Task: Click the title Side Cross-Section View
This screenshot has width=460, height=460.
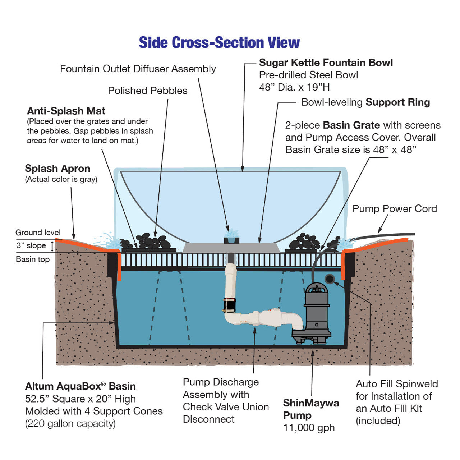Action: (219, 43)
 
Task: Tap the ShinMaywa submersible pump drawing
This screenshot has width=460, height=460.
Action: (316, 313)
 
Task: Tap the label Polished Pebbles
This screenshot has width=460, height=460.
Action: (148, 91)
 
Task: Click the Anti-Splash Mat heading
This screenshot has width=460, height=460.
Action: (66, 111)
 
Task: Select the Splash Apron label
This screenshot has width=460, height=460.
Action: (57, 169)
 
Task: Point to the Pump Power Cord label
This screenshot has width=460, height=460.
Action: (395, 209)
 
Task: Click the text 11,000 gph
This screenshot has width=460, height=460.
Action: (309, 428)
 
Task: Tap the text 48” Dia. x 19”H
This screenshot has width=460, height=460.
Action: (294, 87)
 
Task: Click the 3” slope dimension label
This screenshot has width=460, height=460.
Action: (31, 245)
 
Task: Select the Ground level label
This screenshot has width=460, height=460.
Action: (38, 233)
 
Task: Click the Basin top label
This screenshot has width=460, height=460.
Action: (33, 259)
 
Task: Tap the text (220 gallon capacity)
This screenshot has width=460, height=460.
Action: (70, 423)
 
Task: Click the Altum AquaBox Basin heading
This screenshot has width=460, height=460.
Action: (80, 386)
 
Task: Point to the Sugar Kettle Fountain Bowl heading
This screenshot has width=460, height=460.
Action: (326, 63)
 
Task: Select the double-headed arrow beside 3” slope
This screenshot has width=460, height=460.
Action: (52, 246)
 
